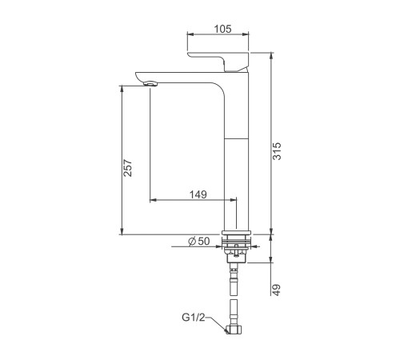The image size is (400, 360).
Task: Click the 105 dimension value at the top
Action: point(223,29)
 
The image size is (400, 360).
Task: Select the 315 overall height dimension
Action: point(277,151)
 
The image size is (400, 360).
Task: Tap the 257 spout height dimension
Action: point(128,168)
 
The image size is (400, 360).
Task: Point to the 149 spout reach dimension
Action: point(198,194)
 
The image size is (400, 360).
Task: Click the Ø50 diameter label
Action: point(199,241)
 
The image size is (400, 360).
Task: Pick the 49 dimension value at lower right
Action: point(277,290)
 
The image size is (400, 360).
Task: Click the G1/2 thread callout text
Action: point(194,318)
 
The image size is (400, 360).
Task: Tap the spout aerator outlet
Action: point(151,84)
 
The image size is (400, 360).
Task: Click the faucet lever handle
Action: point(218,62)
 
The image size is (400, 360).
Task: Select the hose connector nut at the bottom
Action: point(234,330)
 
